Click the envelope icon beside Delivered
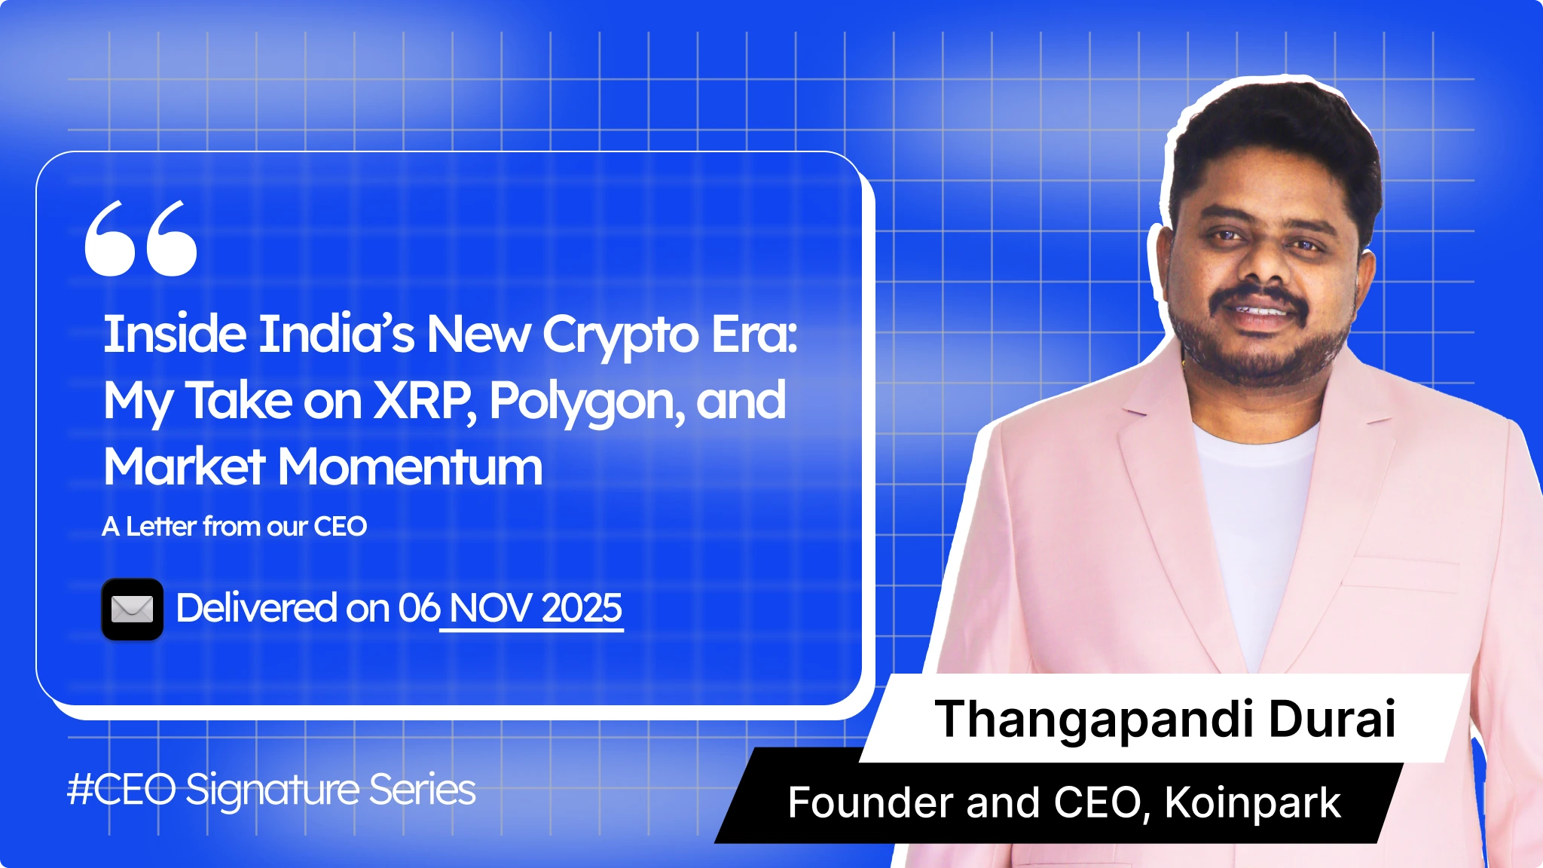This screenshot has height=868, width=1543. (133, 610)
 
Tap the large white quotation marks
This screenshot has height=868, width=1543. (141, 238)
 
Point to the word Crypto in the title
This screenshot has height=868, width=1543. (620, 335)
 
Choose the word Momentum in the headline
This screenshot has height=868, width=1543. (411, 466)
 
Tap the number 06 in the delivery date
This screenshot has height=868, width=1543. (418, 608)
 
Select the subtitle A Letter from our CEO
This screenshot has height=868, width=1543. (234, 526)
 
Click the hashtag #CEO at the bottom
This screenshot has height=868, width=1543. (121, 790)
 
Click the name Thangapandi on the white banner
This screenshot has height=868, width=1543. (1094, 720)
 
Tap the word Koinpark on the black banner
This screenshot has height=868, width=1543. (1252, 803)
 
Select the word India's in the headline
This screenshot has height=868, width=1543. (336, 334)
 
